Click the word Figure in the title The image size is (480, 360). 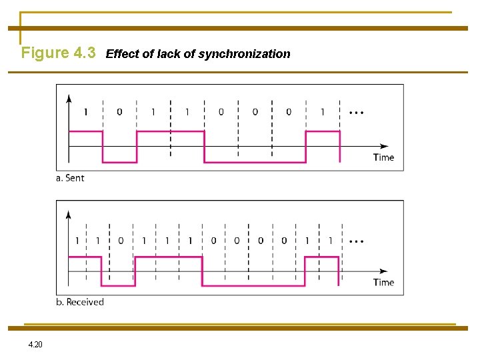tap(45, 53)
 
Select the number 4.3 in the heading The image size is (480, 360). tap(84, 53)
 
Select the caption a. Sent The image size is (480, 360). tap(71, 178)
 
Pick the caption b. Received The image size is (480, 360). tap(80, 302)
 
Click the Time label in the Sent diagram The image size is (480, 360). tap(383, 157)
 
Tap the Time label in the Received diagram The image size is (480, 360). tap(383, 282)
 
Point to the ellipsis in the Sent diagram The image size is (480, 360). tap(356, 113)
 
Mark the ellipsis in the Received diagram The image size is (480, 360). tap(356, 241)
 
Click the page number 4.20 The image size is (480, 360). tap(35, 345)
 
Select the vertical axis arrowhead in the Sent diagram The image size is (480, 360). tap(69, 97)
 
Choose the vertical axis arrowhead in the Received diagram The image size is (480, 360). tap(69, 215)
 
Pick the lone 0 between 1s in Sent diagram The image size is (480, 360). tap(119, 112)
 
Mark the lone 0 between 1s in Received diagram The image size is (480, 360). tap(121, 241)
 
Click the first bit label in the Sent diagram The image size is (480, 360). tap(85, 112)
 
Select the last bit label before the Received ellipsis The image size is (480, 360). tap(330, 241)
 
